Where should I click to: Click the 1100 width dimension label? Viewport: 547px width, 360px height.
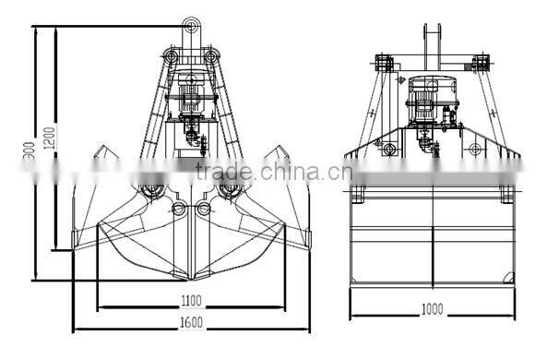point(191,300)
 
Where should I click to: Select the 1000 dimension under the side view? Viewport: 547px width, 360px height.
point(432,307)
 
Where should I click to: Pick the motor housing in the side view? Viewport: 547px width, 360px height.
point(431,94)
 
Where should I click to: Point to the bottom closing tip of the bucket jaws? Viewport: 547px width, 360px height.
point(192,277)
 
